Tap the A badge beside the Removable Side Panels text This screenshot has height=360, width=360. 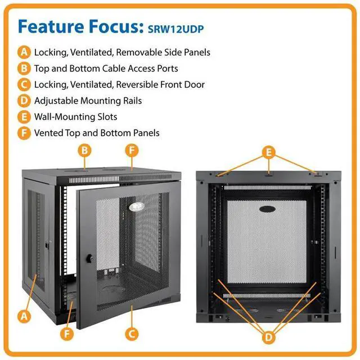point(24,52)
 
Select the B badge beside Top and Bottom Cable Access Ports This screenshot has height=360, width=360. point(24,69)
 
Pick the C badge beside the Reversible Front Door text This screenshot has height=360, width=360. point(24,84)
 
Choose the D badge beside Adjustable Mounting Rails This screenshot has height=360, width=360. point(24,101)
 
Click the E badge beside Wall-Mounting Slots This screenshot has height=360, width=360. point(24,117)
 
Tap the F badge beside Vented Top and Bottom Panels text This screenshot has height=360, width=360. point(24,133)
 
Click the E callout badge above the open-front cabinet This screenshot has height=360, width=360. point(269,151)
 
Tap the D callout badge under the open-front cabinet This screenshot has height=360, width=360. point(269,337)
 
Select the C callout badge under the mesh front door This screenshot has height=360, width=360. point(132,334)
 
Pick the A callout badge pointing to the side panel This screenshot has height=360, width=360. point(24,316)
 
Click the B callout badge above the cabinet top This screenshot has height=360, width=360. point(84,150)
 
